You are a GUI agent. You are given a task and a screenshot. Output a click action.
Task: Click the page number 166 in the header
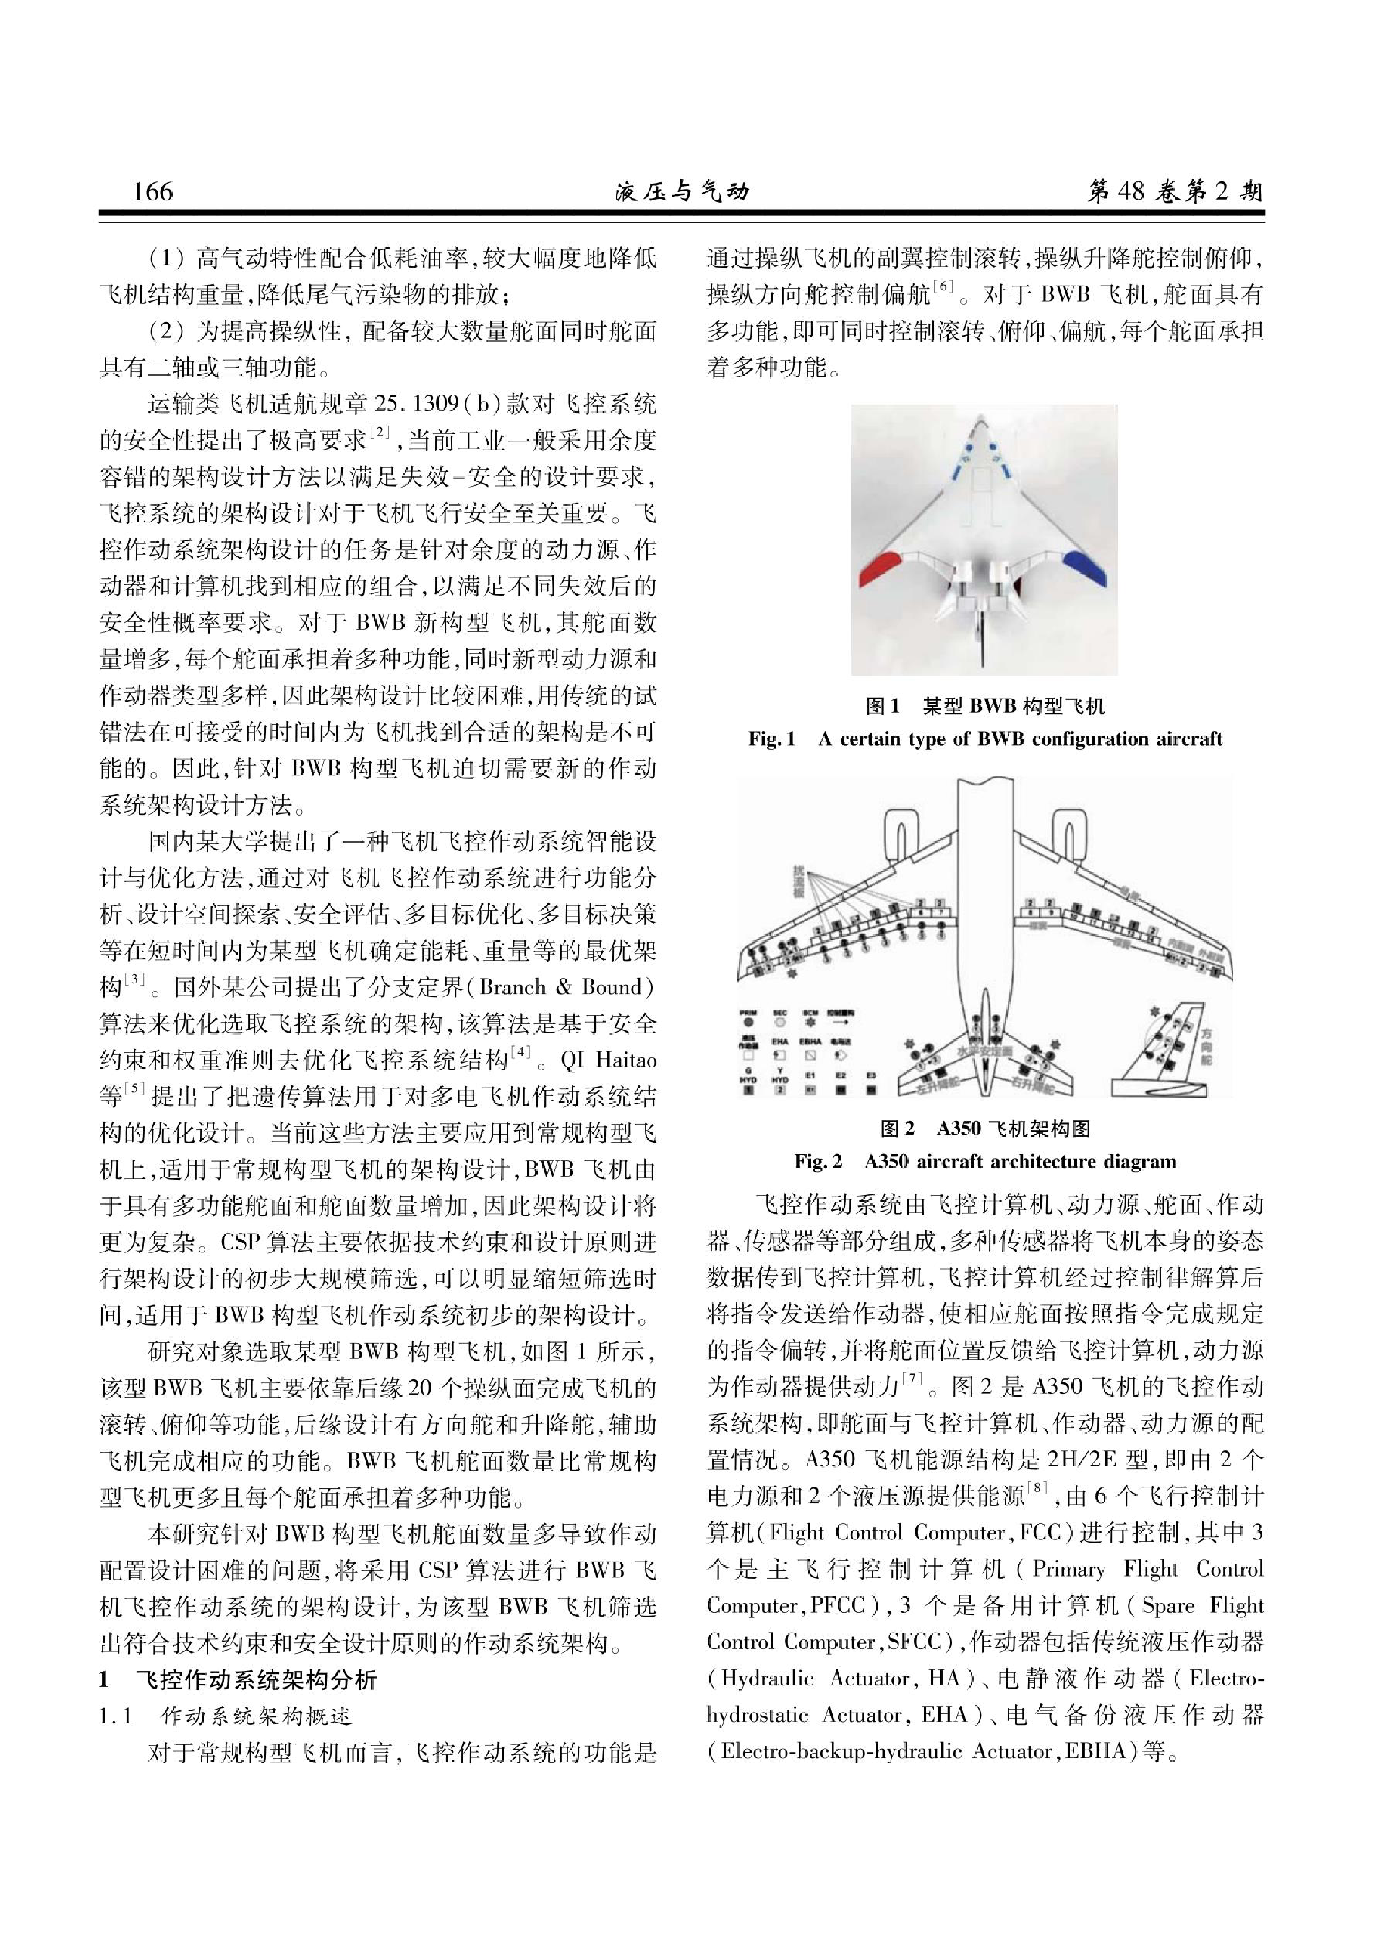[153, 191]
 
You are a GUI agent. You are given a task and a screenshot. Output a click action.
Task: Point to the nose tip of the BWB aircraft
[984, 420]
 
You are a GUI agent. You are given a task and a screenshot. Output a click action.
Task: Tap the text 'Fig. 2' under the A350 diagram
[818, 1161]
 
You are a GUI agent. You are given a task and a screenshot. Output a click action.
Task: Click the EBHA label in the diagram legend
[810, 1041]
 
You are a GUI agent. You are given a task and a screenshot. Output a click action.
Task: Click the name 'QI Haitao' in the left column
[608, 1061]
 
